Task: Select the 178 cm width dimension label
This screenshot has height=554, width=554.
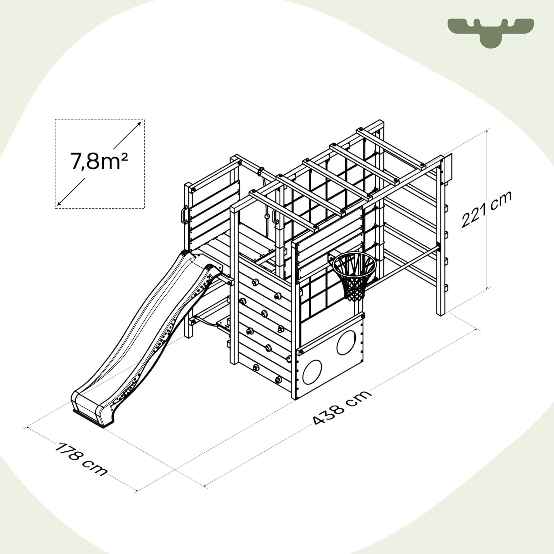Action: point(81,458)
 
